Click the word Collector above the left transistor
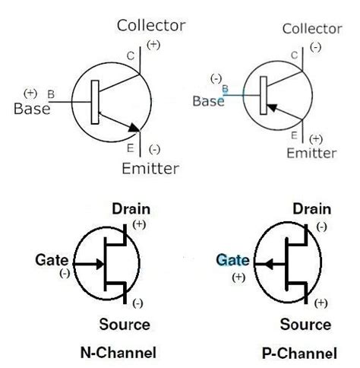pos(150,25)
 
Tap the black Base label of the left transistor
pos(32,108)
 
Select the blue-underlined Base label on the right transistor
pos(207,100)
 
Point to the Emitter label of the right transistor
pos(311,154)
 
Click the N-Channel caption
pos(118,353)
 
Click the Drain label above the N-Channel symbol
pos(131,209)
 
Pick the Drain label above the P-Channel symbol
pos(311,209)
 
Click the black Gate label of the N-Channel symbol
pos(49,260)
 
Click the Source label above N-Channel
pos(125,325)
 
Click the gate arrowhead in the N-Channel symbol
pos(99,265)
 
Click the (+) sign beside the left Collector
pos(153,45)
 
